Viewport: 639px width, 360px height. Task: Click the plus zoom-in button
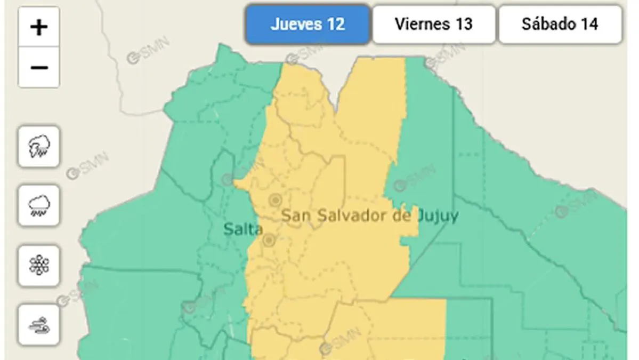click(39, 27)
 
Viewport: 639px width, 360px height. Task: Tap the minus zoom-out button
click(39, 68)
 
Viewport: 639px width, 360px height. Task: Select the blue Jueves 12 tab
click(308, 24)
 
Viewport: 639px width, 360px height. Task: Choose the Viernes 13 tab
click(433, 24)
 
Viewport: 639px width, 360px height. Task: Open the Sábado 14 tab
click(560, 24)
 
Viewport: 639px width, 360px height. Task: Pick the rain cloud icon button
click(39, 205)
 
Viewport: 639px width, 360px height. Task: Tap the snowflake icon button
click(39, 265)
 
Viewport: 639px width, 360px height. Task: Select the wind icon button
click(39, 325)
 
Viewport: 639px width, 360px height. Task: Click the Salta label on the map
click(243, 229)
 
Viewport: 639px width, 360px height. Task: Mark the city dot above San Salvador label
click(275, 200)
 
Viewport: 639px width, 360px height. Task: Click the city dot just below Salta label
click(269, 241)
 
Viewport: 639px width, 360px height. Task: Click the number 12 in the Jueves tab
click(336, 24)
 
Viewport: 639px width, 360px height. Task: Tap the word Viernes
click(420, 24)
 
